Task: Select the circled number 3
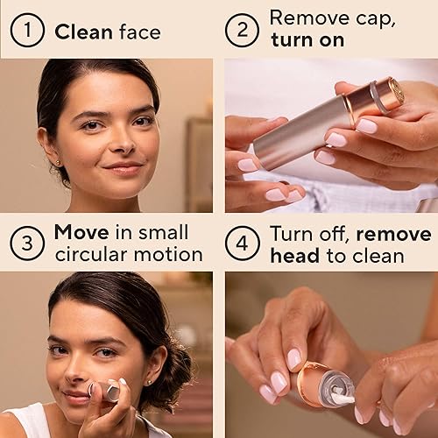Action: pyautogui.click(x=27, y=243)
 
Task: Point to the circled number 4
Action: pyautogui.click(x=242, y=243)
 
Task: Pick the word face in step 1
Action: pyautogui.click(x=141, y=33)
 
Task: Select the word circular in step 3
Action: pyautogui.click(x=87, y=256)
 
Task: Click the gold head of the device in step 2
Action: pyautogui.click(x=391, y=93)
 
